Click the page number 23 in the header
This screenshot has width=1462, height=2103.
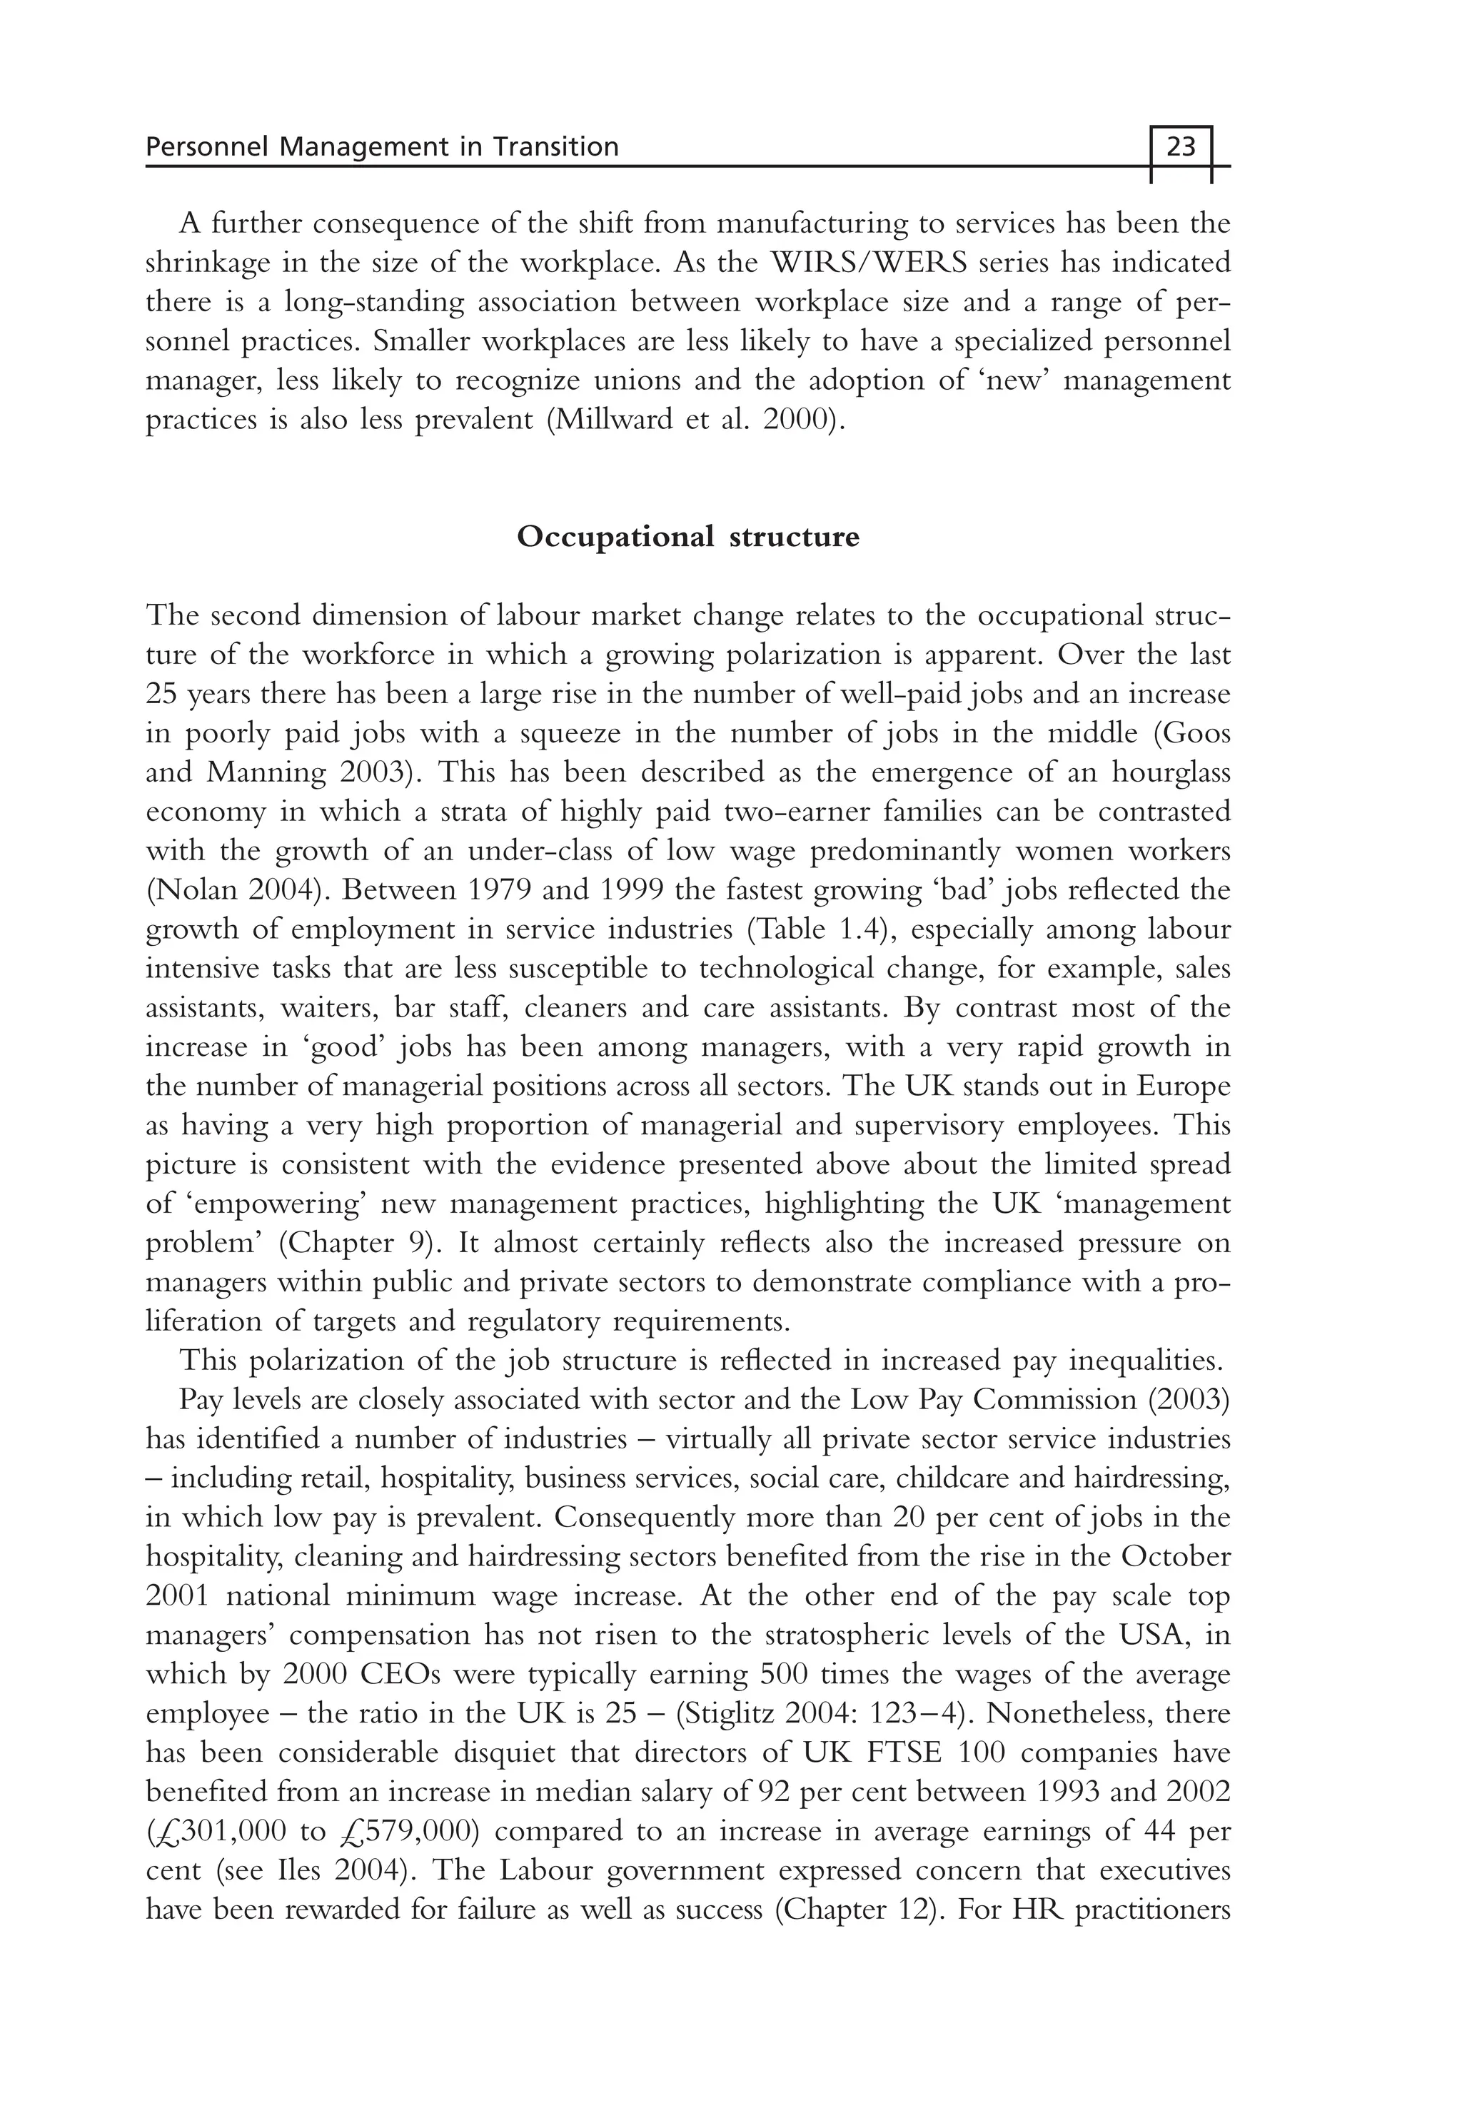pos(1181,146)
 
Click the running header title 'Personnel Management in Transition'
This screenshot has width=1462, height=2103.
pos(382,146)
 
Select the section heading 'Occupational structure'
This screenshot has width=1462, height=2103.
pos(688,536)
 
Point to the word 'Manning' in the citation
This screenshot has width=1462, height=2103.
pos(266,772)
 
